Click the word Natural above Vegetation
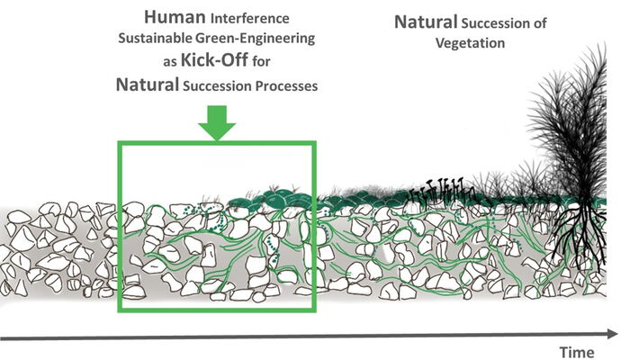[x=427, y=20]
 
